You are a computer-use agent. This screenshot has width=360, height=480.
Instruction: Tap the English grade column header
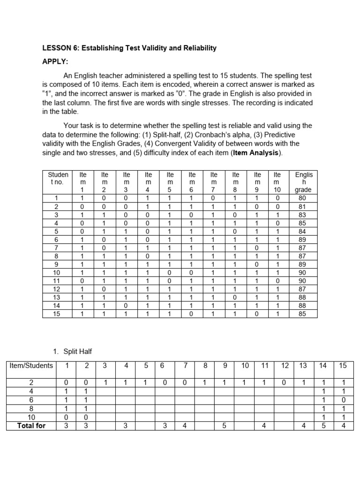coord(303,182)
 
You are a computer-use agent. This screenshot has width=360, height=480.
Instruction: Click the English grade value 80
coord(303,198)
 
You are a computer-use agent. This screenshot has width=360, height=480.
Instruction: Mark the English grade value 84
coord(303,231)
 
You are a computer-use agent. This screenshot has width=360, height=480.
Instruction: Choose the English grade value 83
coord(303,214)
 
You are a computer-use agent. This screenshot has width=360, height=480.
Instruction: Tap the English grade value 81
coord(303,206)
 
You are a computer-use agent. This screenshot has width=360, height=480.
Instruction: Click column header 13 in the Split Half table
coord(303,366)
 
